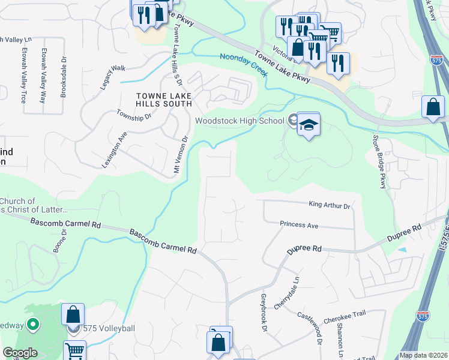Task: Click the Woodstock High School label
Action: pos(239,121)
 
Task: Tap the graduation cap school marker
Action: pos(309,125)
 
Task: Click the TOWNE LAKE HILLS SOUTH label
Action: pos(164,100)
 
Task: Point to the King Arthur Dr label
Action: pos(329,205)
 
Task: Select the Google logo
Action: pos(19,353)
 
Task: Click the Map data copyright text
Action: pos(423,355)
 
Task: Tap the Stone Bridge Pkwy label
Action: pos(379,161)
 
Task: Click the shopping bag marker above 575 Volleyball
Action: pos(73,314)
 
